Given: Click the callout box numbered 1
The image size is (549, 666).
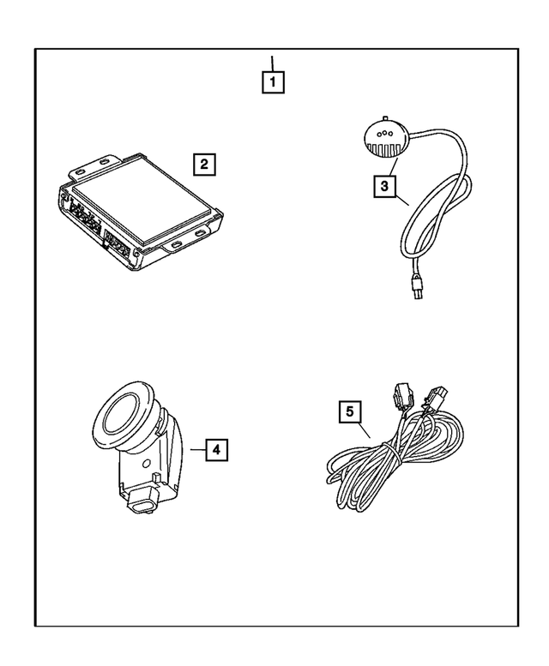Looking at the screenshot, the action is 273,82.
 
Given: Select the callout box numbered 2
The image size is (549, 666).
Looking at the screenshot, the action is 204,164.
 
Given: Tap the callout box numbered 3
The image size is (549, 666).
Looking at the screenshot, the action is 384,187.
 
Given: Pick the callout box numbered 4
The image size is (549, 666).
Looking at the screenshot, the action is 216,449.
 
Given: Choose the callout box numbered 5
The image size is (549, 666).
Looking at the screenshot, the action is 350,411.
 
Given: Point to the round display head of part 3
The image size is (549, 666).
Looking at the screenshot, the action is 387,138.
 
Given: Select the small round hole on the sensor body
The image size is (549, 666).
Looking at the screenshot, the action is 147,464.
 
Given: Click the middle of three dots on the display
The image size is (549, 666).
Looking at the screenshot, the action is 384,133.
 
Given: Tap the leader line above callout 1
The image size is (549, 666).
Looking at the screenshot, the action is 272,63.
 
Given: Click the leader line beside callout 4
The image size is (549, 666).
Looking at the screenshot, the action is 198,449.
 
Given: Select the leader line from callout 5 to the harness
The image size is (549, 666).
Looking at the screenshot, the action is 364,429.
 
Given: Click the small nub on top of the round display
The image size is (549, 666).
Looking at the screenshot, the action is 384,117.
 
